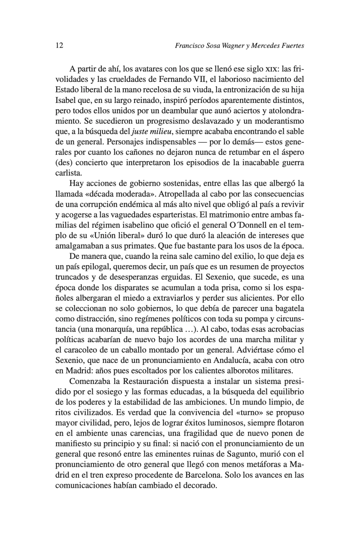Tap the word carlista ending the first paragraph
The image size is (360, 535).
point(68,173)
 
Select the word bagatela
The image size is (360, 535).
point(288,309)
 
